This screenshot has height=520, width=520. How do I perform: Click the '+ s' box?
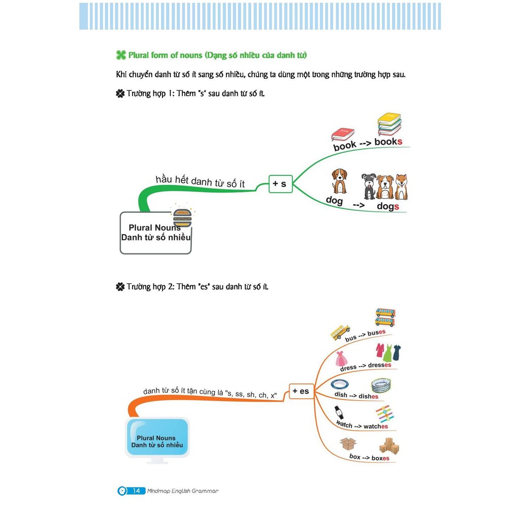(280, 184)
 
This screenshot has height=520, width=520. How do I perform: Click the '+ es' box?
(301, 391)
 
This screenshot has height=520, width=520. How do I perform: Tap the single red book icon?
(343, 134)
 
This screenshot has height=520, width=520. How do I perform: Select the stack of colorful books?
(389, 124)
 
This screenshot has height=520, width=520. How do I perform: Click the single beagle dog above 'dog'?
(339, 181)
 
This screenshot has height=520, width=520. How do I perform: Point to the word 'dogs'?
(388, 206)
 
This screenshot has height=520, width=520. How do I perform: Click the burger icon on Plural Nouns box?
(182, 218)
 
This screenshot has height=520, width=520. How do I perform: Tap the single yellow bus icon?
(340, 332)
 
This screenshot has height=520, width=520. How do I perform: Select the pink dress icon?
(342, 359)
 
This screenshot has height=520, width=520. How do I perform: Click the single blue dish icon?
(339, 384)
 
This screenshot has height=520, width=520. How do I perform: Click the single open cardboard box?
(348, 444)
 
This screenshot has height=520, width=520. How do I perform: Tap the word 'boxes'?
(380, 458)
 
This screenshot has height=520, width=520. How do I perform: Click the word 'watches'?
(376, 427)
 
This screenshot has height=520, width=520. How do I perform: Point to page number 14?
(136, 491)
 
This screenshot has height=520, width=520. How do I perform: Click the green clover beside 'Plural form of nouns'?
(121, 55)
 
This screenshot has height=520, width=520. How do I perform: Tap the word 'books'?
(388, 142)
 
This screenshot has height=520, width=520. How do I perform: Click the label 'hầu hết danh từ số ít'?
(200, 181)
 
